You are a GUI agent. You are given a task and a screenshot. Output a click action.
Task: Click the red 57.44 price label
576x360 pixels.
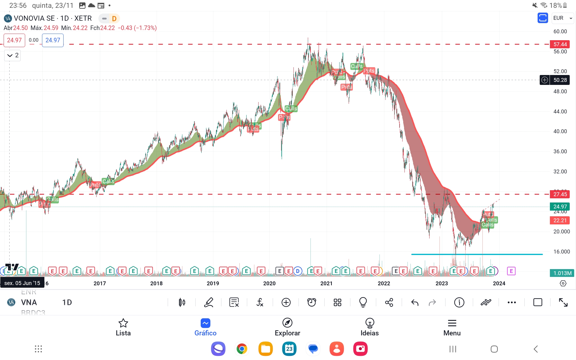pos(560,44)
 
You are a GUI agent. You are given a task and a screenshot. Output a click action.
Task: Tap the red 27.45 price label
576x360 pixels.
pos(560,194)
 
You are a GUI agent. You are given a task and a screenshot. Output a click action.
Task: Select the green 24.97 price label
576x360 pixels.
pos(560,206)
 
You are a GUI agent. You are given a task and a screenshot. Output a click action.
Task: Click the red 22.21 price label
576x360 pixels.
pos(560,220)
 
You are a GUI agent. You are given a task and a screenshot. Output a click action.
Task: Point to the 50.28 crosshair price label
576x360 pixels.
pos(560,80)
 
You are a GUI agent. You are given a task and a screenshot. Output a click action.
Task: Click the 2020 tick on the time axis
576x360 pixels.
pos(269,283)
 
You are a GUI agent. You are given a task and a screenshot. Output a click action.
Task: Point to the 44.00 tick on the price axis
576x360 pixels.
pos(560,112)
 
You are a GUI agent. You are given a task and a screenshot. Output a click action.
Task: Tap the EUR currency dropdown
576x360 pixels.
pos(562,18)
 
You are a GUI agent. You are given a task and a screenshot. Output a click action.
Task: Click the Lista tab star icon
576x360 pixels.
pos(123,323)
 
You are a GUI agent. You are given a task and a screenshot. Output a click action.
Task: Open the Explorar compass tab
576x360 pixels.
pos(287,323)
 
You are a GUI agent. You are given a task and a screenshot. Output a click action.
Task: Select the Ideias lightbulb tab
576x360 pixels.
pos(370,323)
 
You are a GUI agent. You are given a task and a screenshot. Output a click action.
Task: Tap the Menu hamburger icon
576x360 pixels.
pos(452,323)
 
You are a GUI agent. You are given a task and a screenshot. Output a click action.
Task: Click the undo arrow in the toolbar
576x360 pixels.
pos(415,303)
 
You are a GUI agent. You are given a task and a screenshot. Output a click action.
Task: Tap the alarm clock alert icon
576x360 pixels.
pos(312,303)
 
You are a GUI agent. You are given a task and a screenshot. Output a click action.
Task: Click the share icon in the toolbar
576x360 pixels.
pos(389,303)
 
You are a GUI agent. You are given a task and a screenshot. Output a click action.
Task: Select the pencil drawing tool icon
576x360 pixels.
pos(208,303)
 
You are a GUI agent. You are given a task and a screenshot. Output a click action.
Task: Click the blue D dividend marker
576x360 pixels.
pos(298,271)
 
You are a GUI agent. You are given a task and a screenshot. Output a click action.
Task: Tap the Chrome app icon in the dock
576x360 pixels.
pos(241,349)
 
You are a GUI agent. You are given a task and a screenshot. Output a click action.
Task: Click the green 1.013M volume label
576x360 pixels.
pos(562,273)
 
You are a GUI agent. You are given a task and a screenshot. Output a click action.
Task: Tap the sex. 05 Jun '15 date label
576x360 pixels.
pos(22,283)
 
